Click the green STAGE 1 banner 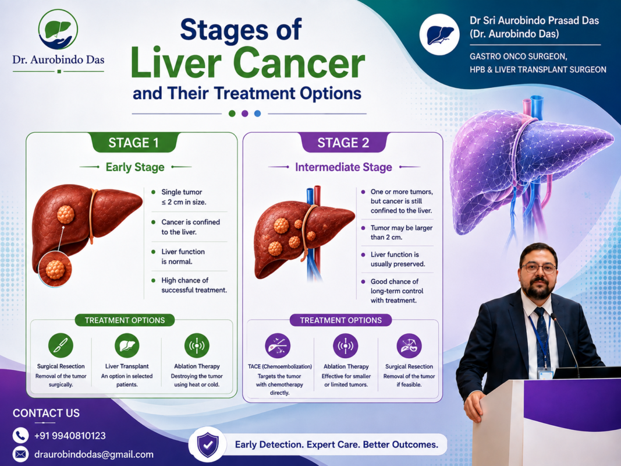pos(134,142)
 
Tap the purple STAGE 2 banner pos(343,142)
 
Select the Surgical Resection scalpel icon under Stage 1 pos(61,345)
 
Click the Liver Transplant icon pos(127,345)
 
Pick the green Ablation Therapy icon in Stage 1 pos(197,345)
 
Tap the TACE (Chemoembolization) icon pos(278,345)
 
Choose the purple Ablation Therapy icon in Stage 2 pos(346,345)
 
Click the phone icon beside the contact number pos(20,435)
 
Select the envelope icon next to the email pos(20,454)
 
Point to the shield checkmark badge pos(208,444)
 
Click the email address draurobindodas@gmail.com pos(94,454)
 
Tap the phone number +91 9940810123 pos(70,436)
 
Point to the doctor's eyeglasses pos(539,269)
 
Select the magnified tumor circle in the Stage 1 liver pos(55,270)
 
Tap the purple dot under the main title pos(245,114)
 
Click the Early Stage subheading pos(135,167)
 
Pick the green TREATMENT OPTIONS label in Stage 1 pos(125,320)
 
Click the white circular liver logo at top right pos(439,34)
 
